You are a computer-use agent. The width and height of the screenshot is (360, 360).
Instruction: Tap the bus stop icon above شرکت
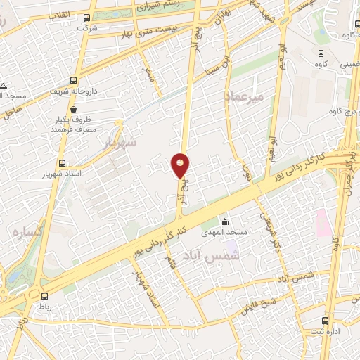point(86,18)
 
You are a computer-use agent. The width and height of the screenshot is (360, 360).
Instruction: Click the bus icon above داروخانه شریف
point(74,80)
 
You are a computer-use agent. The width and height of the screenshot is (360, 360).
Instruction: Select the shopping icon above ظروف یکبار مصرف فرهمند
point(93,118)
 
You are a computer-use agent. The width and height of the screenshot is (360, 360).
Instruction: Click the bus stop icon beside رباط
point(45,296)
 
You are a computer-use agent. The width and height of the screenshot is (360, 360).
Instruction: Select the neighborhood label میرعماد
point(244,96)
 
